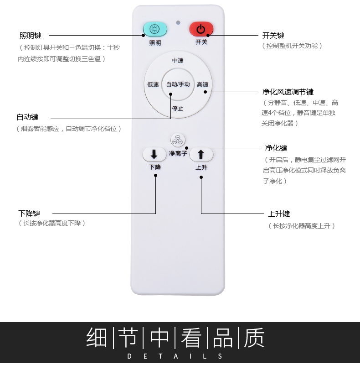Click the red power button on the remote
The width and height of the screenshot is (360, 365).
[x=201, y=29]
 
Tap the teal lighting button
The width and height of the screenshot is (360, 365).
[x=155, y=29]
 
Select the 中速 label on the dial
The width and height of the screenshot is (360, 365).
[x=178, y=61]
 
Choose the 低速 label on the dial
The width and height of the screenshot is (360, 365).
[x=153, y=84]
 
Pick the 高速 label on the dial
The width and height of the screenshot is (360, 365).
[x=202, y=84]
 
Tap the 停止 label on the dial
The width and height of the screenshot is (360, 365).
[x=178, y=108]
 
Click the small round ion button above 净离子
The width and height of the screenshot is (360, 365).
[x=178, y=140]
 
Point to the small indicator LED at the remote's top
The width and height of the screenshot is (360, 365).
[x=178, y=22]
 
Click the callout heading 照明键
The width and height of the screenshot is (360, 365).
[x=31, y=35]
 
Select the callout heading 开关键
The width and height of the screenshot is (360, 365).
[x=273, y=35]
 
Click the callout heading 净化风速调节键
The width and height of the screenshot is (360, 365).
[x=288, y=92]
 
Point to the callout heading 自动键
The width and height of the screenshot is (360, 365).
[x=27, y=117]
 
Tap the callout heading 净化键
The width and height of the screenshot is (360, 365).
[x=276, y=148]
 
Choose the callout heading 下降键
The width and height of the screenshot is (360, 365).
[x=29, y=213]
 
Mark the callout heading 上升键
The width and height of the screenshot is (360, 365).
[x=279, y=214]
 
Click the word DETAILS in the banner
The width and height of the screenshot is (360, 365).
[x=175, y=356]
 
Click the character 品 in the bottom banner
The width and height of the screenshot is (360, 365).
[x=223, y=338]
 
